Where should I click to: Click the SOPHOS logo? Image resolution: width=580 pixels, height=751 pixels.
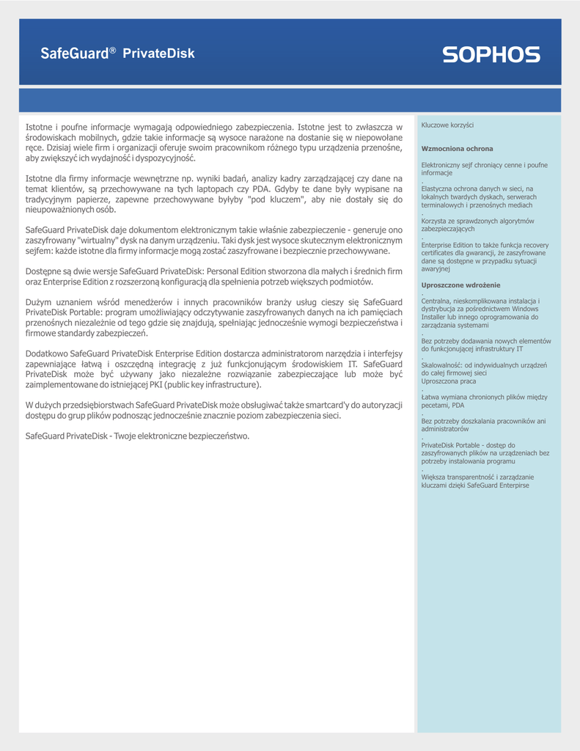pos(491,54)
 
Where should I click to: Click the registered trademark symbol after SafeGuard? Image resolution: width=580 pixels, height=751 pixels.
pos(113,50)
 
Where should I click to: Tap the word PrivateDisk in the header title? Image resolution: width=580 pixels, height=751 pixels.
pos(158,54)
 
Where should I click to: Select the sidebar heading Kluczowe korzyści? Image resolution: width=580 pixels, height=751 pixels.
pos(447,125)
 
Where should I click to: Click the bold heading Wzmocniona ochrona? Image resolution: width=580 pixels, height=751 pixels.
pos(457,149)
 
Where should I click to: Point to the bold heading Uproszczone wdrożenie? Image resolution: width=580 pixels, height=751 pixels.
pos(460,285)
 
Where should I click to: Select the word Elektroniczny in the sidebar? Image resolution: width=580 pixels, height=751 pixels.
pos(442,165)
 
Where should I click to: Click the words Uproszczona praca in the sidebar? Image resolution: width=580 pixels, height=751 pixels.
pos(448,381)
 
